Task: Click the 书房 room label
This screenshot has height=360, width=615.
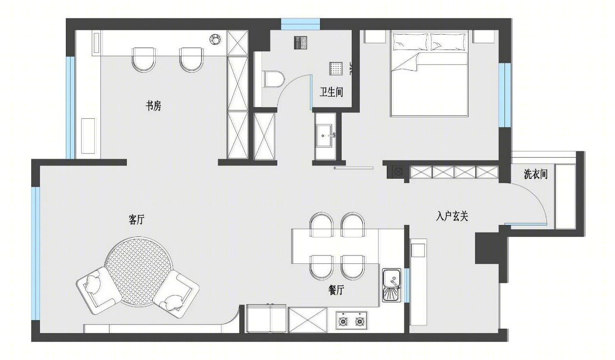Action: (153, 106)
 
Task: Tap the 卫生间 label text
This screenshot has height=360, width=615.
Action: (331, 92)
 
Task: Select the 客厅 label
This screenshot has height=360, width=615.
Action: (137, 220)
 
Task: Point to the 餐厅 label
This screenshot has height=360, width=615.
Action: (336, 290)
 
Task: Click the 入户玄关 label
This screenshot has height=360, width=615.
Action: (452, 216)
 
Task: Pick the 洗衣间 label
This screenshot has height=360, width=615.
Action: (535, 174)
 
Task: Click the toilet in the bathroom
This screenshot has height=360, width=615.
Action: (273, 79)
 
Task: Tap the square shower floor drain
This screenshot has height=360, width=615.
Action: (336, 68)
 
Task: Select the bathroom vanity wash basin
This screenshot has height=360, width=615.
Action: (325, 136)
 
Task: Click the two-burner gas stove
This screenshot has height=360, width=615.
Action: (351, 320)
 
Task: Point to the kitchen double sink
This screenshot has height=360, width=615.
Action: (392, 286)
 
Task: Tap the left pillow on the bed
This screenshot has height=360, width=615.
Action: (411, 42)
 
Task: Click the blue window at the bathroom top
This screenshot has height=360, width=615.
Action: (300, 24)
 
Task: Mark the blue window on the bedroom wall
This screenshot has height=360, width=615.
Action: (505, 95)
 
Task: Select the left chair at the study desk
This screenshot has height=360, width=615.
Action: (144, 60)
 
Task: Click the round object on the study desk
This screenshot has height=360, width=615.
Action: (215, 39)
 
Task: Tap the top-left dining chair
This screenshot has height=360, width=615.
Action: (321, 225)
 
